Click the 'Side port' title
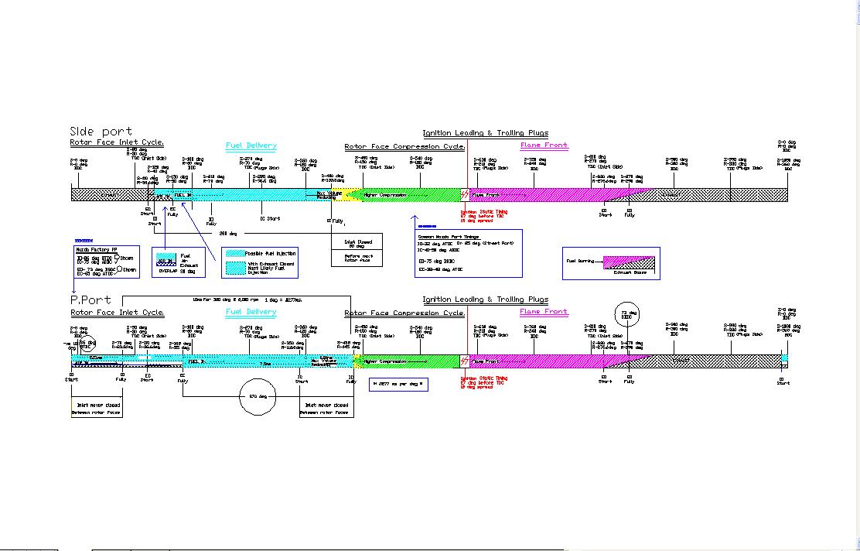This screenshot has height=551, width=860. (101, 132)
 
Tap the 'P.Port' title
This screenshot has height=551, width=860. (90, 299)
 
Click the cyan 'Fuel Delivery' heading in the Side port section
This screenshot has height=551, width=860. (251, 145)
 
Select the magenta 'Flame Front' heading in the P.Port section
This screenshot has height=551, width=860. (544, 312)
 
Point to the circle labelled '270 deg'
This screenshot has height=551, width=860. (263, 396)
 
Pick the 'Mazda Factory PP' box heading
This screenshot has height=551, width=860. (96, 250)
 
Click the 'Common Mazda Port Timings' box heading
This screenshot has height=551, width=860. (449, 237)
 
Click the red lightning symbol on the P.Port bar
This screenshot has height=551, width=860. (464, 361)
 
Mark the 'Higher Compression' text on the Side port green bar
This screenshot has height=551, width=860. (384, 195)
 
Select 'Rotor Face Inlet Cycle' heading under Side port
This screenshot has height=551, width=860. (117, 143)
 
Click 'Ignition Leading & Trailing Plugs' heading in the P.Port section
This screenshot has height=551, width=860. (485, 299)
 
